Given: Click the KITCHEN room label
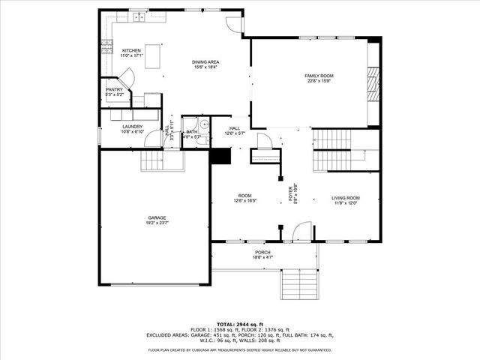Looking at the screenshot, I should tap(131, 50).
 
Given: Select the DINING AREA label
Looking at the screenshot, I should tap(205, 62).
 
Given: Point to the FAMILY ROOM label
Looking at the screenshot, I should tap(319, 76).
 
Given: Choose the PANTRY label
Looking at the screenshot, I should tap(114, 90).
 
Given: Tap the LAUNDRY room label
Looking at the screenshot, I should tap(133, 126).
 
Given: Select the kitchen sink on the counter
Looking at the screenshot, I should tap(139, 16).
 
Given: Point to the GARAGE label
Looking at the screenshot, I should tap(156, 218).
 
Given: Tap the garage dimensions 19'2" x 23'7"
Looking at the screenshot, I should tap(156, 223).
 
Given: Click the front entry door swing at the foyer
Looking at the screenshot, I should tap(300, 232).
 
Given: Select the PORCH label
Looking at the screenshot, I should tap(262, 252).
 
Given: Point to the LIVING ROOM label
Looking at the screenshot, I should tap(346, 198).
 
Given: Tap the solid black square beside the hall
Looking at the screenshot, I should tap(220, 156).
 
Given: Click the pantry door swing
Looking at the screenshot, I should tap(127, 76).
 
